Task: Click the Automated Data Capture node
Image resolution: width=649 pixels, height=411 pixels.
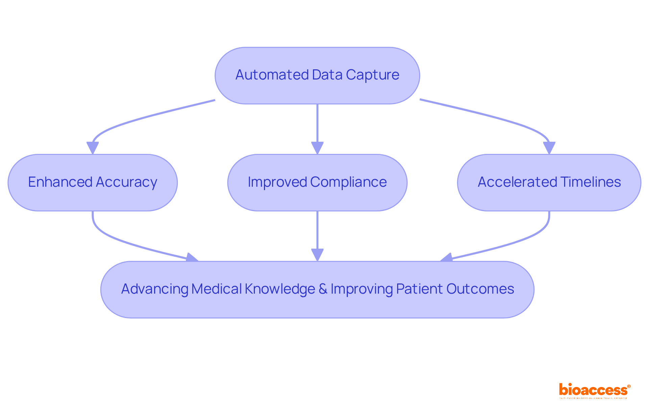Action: (317, 75)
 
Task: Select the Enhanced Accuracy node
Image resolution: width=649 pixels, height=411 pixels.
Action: (92, 183)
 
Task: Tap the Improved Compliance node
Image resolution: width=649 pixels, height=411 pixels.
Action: (317, 183)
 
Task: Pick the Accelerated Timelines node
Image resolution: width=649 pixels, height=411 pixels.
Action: (549, 183)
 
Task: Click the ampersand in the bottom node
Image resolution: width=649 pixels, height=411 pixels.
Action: (323, 289)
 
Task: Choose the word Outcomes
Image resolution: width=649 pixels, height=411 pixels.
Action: (480, 289)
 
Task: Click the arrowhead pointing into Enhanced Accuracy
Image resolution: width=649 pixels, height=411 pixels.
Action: (92, 148)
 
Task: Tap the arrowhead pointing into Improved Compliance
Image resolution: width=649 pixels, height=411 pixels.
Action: (317, 148)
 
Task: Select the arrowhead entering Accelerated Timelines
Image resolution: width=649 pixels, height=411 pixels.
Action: (549, 148)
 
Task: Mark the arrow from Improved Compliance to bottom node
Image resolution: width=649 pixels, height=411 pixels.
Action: (317, 233)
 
